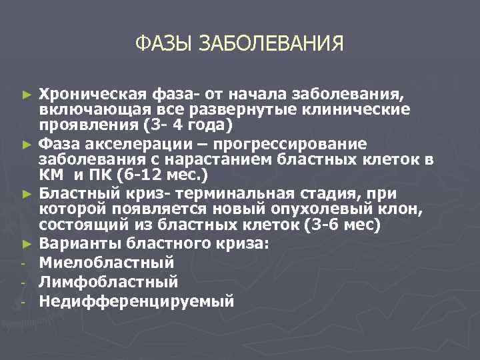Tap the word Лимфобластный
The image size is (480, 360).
[x=109, y=281]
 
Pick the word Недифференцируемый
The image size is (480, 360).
[x=137, y=300]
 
